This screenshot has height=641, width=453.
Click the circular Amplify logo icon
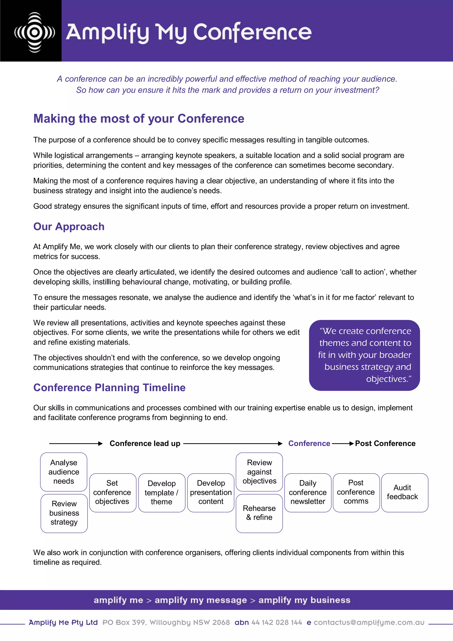coord(35,32)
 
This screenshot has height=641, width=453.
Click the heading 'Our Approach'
coord(69,226)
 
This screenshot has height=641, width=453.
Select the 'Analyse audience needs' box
coord(64,472)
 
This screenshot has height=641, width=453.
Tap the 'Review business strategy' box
coord(64,513)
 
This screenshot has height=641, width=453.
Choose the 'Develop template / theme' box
coord(162,493)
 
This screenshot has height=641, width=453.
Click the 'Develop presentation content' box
coord(211,493)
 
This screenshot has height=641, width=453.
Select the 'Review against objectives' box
coord(259,472)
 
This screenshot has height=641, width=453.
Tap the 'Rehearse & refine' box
coord(259,513)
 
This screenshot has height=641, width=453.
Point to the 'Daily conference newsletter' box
coord(308,493)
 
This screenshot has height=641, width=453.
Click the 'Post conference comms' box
coord(356,493)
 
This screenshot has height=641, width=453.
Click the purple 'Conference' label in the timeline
coord(309,444)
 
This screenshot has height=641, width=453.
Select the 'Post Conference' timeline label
coord(385,444)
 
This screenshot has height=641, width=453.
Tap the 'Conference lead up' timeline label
coord(145,444)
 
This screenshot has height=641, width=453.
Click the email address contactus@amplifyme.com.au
coord(369,623)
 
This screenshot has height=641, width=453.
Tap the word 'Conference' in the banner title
coord(252,32)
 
